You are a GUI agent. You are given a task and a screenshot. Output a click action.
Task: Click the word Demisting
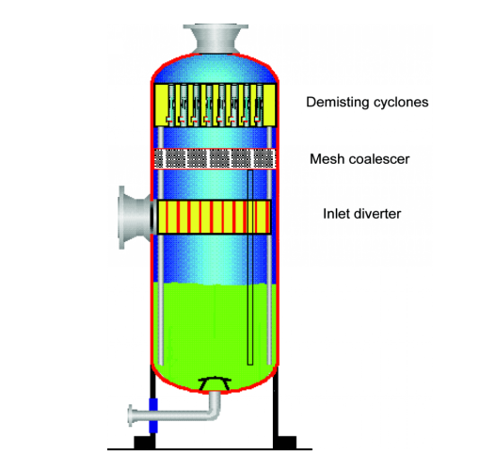coord(338,102)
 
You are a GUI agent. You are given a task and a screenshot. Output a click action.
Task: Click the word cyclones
coord(401,102)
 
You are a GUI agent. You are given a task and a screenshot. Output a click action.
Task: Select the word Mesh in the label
coord(326,158)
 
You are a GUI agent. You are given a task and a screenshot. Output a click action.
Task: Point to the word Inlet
coord(336,214)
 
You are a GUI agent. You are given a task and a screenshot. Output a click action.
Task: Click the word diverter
coord(377,214)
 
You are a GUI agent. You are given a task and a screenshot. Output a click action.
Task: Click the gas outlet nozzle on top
coord(216,39)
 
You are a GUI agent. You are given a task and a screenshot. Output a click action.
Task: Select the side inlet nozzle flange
coord(121,218)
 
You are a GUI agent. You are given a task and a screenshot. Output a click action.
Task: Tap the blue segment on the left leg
coord(153,415)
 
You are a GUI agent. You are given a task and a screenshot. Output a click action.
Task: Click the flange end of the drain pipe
coord(130,415)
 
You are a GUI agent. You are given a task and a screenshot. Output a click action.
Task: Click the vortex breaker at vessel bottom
coord(215,383)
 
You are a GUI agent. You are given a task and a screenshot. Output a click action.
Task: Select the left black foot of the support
coord(145,442)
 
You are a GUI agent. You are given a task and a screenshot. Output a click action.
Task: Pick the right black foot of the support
coord(285,442)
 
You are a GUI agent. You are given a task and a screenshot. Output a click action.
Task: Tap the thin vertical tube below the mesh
coord(250,268)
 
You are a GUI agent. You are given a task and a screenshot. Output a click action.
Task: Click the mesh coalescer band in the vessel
coord(215,158)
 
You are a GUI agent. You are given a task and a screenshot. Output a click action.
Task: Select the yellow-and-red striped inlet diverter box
coord(214,218)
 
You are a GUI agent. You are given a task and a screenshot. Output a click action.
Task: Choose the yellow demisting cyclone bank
coord(215,105)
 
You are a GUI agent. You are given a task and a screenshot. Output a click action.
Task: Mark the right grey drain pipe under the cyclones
coord(269,246)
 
